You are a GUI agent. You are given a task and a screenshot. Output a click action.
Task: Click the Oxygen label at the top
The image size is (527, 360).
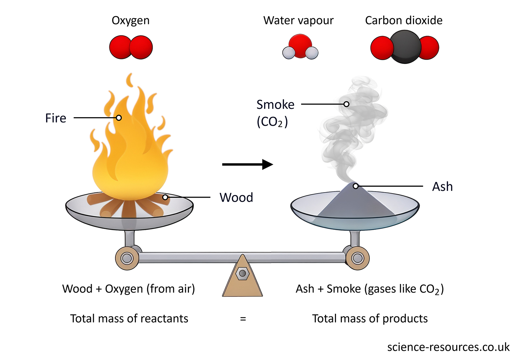(130, 21)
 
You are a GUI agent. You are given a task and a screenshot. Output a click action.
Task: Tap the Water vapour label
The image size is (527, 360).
(298, 21)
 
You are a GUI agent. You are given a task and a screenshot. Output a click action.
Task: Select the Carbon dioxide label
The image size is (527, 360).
(403, 21)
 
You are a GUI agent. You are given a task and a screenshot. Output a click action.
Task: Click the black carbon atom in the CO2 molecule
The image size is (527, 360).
(404, 47)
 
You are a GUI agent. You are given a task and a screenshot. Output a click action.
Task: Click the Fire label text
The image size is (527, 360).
(55, 118)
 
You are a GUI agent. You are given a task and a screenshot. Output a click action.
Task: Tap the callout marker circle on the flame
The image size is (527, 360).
(119, 118)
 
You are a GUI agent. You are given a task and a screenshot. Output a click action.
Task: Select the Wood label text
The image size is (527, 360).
(236, 198)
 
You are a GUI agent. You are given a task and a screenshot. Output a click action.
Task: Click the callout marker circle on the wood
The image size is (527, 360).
(165, 197)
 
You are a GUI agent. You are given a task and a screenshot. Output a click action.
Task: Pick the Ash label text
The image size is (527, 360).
(442, 187)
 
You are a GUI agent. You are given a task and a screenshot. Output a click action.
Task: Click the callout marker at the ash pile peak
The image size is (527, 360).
(356, 186)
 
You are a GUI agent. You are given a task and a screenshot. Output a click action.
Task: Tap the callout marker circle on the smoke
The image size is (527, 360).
(346, 104)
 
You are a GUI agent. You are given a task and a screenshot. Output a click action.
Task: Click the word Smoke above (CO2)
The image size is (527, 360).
(275, 104)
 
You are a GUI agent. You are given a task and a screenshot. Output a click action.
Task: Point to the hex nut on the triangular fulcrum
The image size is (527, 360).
(242, 273)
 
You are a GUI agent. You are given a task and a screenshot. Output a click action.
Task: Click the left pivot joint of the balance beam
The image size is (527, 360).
(127, 258)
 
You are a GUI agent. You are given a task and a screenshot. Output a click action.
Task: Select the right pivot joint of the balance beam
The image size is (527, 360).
(358, 258)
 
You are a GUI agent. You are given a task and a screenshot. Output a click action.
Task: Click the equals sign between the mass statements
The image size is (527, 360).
(243, 319)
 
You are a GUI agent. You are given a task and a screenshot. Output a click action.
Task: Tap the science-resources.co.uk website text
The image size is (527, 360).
(448, 347)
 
